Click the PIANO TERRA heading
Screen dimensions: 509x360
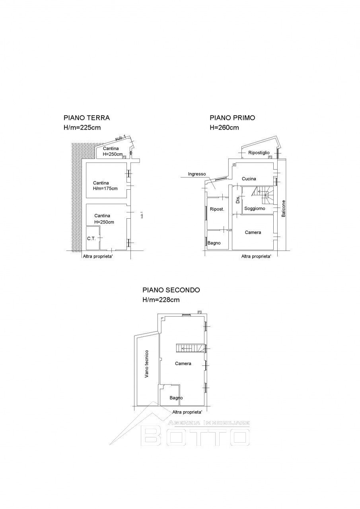point(86,118)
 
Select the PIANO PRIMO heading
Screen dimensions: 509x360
point(232,118)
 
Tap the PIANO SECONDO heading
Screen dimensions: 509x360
point(171,290)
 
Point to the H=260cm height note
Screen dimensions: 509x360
point(224,128)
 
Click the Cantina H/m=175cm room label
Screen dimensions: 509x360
point(105,185)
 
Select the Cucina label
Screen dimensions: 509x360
point(249,179)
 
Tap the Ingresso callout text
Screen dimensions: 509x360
point(197,174)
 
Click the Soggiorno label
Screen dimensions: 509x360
point(255,208)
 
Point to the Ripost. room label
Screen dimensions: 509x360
point(217,209)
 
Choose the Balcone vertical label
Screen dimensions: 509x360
point(284,208)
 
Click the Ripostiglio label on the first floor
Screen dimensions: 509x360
point(259,153)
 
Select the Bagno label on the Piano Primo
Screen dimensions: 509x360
point(214,243)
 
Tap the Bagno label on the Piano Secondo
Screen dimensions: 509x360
point(176,398)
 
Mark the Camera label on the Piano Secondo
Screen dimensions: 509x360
point(183,363)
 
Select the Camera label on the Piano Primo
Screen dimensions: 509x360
point(253,232)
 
